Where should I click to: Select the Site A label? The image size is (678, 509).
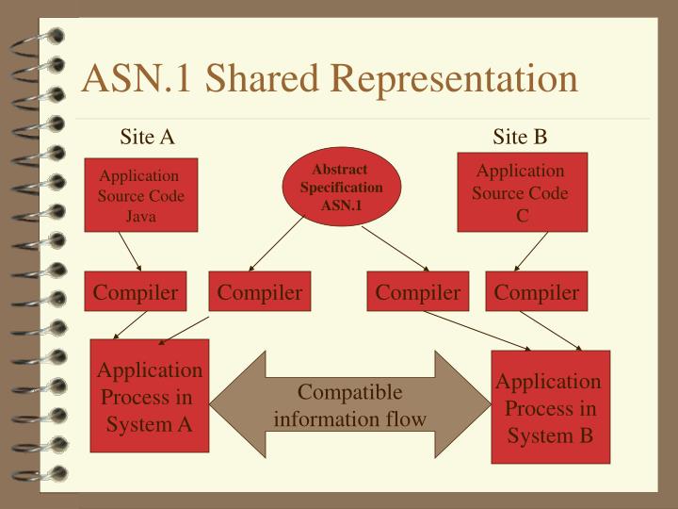(x=147, y=137)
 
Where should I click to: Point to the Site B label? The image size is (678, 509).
(x=520, y=137)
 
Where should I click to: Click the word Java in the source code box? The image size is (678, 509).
(x=140, y=216)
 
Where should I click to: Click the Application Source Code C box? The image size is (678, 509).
(x=521, y=192)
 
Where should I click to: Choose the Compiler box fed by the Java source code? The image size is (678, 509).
(x=135, y=293)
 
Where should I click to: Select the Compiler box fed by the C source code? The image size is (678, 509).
(x=537, y=293)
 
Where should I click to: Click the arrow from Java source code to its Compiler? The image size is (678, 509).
(x=133, y=252)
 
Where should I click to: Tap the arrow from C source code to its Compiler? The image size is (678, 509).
(x=532, y=252)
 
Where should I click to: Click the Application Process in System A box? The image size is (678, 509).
(x=149, y=397)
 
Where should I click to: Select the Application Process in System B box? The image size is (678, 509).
(x=550, y=407)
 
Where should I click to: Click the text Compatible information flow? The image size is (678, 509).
(x=349, y=404)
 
